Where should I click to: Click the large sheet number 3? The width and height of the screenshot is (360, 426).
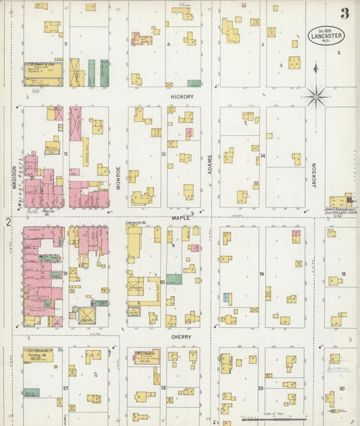coord(344,13)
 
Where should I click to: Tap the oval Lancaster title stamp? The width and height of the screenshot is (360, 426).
coord(326,35)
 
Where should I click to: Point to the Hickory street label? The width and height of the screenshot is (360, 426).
coord(182,97)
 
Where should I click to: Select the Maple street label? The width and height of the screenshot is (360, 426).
coord(180,217)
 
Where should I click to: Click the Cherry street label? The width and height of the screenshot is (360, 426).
coord(180,337)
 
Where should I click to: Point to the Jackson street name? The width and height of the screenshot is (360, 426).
coord(314,174)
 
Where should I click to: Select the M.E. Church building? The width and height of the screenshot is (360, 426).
coord(143,356)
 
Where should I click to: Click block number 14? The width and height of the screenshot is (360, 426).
coord(263,156)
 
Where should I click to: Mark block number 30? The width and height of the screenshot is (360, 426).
coord(342,388)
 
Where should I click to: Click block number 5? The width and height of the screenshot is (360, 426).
coord(66,44)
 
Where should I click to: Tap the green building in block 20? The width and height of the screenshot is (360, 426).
coord(174,279)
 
